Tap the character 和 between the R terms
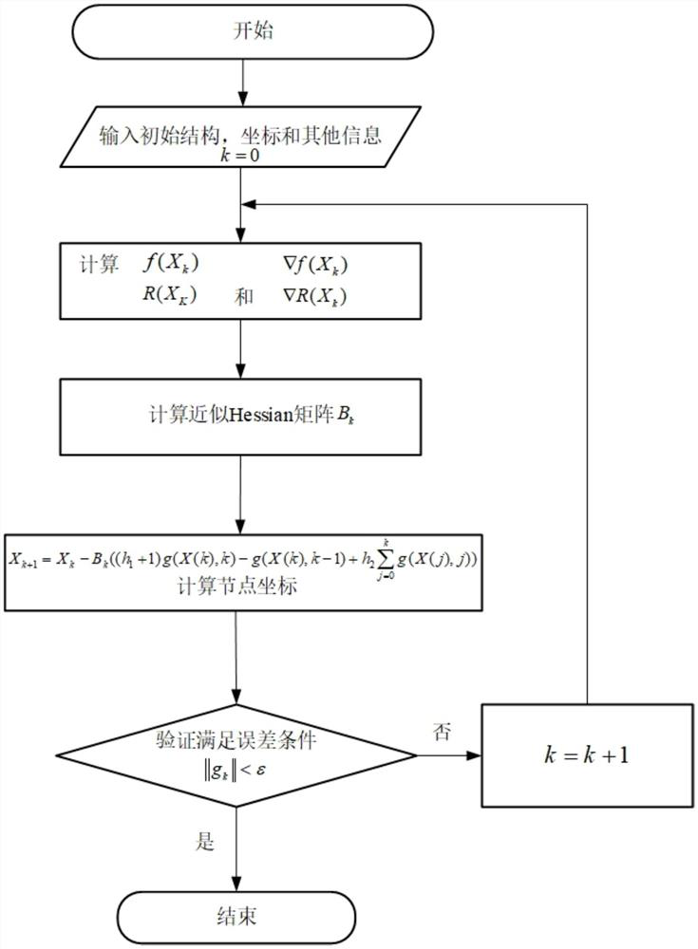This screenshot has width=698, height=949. click(x=244, y=296)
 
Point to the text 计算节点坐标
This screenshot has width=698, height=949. click(x=241, y=587)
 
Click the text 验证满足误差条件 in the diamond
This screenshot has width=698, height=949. click(x=237, y=737)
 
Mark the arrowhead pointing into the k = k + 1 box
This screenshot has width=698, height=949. click(x=476, y=755)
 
